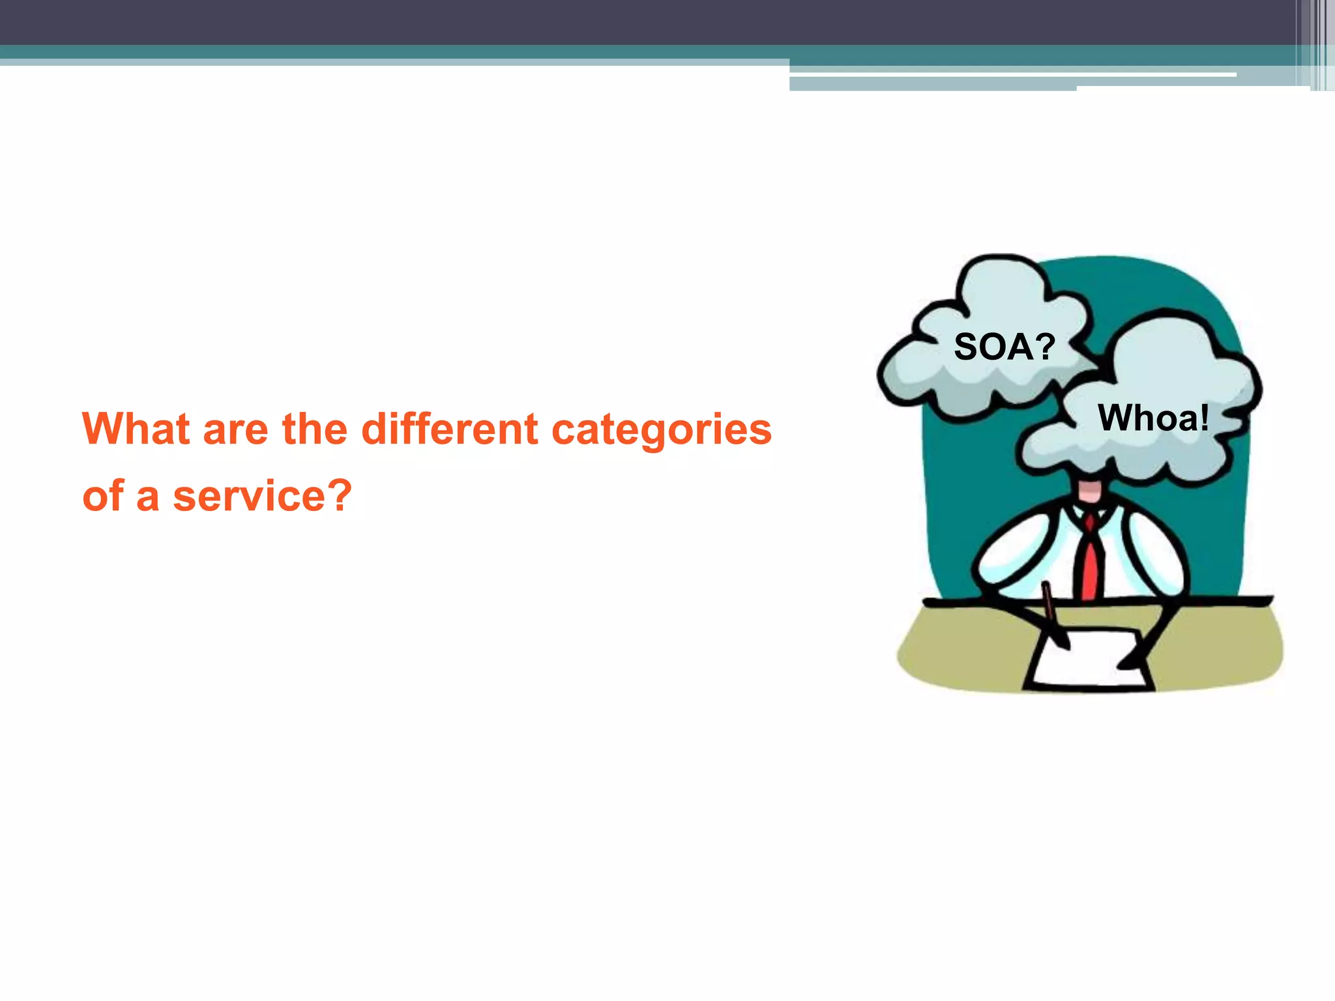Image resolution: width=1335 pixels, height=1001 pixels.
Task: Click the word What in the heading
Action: [136, 429]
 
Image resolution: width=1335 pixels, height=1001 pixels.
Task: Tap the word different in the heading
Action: [450, 429]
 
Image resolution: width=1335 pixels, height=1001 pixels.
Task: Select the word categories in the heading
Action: [662, 431]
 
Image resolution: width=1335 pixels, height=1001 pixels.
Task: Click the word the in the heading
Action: [314, 429]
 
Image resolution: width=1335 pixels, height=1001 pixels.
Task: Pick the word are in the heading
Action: [235, 431]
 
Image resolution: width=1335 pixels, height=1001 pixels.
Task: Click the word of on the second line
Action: [103, 497]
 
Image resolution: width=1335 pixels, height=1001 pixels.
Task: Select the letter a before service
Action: [148, 498]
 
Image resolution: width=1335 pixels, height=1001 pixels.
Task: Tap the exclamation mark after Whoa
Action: [1203, 418]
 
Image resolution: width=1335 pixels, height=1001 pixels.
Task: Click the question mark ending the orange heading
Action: [338, 495]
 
